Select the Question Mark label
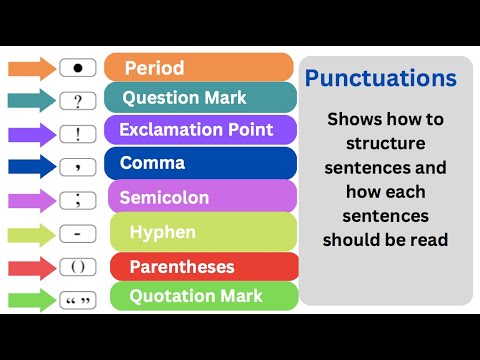coord(200,98)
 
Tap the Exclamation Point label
coord(200,130)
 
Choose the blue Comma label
coord(200,163)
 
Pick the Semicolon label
coord(200,197)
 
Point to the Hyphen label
coord(200,232)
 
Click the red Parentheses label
coord(200,267)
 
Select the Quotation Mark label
coord(200,296)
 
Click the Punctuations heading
coord(381,78)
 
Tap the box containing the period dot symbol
coord(78,69)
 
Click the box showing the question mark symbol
coord(78,101)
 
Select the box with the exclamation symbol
coord(78,133)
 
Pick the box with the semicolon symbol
coord(78,200)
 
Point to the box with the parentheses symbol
coord(78,267)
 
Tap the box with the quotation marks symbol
coord(78,299)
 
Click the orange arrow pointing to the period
coord(32,69)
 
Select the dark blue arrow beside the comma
coord(32,166)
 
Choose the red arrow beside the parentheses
coord(32,267)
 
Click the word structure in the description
coord(386,143)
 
